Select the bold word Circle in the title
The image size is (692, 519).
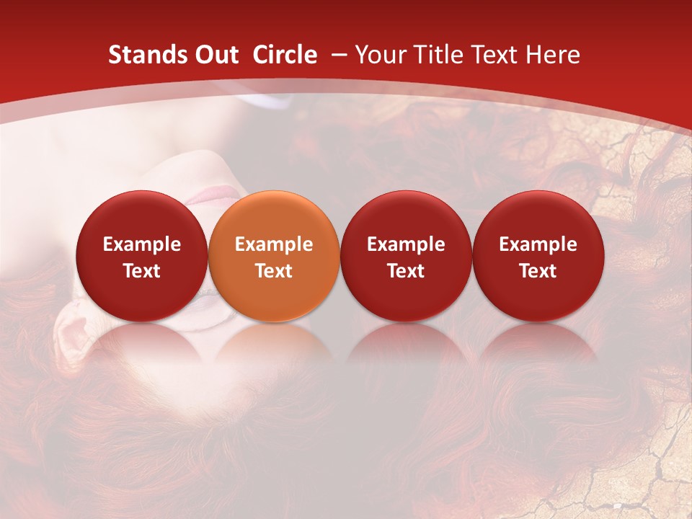pos(285,55)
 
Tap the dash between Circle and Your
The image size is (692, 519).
pos(336,55)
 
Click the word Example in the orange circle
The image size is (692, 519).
pos(274,244)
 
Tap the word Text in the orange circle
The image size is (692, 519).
pos(274,271)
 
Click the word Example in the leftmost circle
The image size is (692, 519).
pos(142,244)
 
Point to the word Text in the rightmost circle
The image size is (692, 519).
pos(538,271)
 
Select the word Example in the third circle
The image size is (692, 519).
pos(406,244)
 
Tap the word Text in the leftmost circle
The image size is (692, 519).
pos(142,271)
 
